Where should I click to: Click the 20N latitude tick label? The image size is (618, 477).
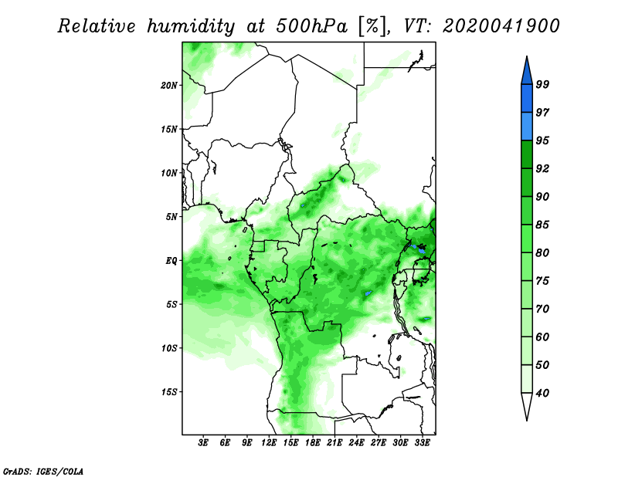pos(169,86)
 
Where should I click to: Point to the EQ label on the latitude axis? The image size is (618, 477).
pos(171,261)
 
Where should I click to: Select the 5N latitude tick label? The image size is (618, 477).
pos(171,217)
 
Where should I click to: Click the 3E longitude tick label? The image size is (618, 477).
pos(203,443)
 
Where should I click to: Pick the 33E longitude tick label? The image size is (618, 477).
pos(422,443)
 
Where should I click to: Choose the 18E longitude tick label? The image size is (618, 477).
pos(313,443)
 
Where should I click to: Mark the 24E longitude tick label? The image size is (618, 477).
pos(356,443)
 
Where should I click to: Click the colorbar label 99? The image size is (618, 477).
pos(542,84)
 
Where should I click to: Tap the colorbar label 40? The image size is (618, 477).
pos(542,393)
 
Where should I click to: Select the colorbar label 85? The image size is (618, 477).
pos(542,225)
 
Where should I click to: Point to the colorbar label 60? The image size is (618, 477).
pos(542,337)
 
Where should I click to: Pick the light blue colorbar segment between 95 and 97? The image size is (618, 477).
pos(527,127)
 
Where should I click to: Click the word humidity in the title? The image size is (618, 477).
pos(192,26)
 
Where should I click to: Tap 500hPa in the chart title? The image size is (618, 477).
pos(312,26)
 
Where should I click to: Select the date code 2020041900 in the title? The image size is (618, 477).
pos(501,26)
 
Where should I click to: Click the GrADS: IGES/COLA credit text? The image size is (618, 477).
pos(43,472)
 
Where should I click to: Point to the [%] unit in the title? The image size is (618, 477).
pos(372,27)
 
